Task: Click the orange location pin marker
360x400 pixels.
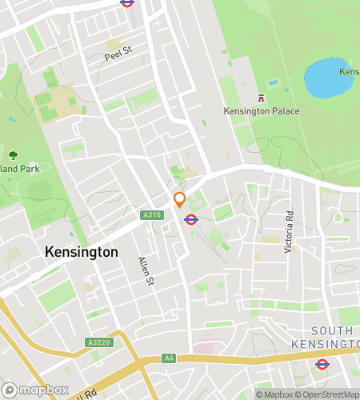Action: pos(179,199)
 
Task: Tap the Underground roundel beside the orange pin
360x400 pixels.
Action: pos(192,219)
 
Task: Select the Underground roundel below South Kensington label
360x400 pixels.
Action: pos(322,365)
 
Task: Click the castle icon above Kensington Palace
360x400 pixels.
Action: pos(259,98)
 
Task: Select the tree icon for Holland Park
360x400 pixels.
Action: pos(12,156)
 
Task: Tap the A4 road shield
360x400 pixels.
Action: pos(168,358)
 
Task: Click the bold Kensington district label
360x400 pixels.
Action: pos(82,252)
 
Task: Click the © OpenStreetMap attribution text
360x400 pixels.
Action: pos(329,394)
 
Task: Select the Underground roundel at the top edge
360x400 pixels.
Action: pos(126,2)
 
